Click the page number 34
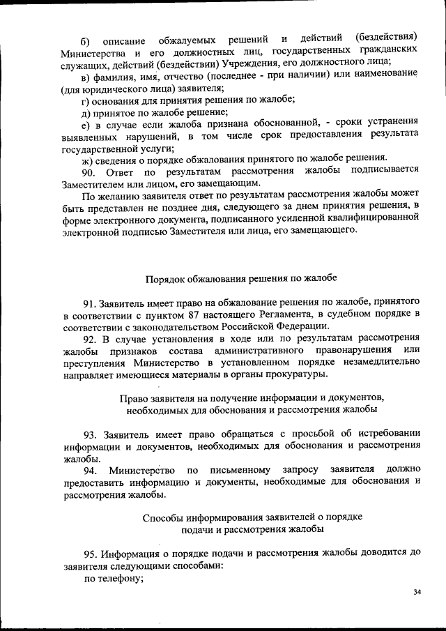[417, 592]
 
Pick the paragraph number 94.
[91, 470]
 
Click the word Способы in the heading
[164, 518]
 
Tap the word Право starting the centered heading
[134, 398]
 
